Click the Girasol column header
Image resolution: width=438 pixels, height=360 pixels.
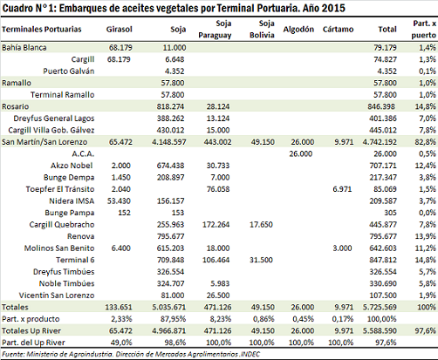[120, 30]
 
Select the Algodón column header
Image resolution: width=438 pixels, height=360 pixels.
[298, 30]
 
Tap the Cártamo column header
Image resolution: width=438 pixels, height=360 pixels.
[338, 30]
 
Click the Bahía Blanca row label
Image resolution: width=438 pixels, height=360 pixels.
[24, 48]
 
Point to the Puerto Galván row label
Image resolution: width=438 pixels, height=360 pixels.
[69, 71]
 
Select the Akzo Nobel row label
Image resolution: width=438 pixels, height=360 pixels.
[72, 166]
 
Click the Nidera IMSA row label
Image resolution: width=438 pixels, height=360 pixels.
[72, 201]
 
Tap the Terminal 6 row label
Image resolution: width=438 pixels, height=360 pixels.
[75, 260]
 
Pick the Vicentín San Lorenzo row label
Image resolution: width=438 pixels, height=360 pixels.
[57, 295]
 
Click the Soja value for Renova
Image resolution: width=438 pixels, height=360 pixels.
[170, 236]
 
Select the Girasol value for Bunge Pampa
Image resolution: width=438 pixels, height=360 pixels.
[124, 213]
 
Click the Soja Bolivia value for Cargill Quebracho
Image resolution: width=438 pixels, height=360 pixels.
[261, 225]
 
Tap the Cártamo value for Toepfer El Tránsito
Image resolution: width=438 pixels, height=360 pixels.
[342, 189]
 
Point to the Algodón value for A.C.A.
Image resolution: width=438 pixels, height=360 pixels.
[301, 153]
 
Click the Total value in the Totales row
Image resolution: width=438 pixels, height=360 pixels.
[380, 307]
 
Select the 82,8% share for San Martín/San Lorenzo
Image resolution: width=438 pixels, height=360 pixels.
[426, 142]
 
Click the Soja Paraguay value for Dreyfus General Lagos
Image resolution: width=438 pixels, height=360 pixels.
[218, 119]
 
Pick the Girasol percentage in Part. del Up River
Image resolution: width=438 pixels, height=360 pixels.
[121, 343]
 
